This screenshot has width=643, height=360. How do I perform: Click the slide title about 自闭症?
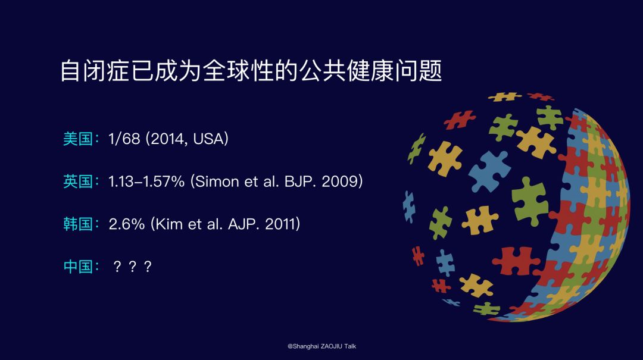coord(251,71)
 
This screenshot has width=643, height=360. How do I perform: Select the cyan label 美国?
coord(78,139)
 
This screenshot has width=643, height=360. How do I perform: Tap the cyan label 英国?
coord(78,181)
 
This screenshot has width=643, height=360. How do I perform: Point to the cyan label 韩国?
coord(78,224)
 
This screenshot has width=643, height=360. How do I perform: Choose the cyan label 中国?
coord(78,267)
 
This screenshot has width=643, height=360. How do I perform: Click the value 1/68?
coord(124,139)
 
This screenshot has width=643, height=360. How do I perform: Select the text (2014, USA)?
coord(187,139)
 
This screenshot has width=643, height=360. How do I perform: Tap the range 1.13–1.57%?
coord(146,181)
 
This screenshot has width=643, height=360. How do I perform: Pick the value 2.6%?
coord(127,224)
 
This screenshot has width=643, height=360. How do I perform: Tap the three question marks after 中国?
coord(132,267)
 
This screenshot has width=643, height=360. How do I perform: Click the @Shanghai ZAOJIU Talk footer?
coord(321,346)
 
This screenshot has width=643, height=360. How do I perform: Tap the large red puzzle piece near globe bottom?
coord(515,261)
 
